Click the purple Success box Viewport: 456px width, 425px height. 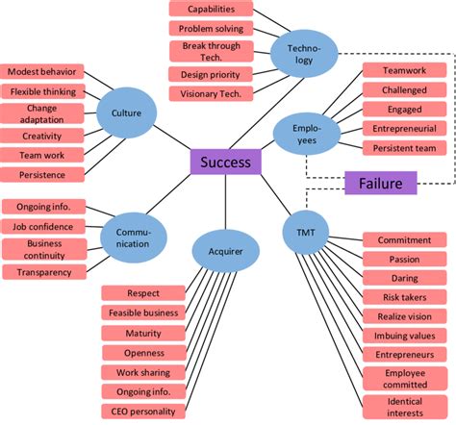(226, 162)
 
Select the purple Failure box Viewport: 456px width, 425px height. (380, 183)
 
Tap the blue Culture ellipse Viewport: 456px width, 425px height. (127, 113)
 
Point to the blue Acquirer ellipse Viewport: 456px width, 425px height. (225, 251)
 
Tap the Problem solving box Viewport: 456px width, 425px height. (212, 28)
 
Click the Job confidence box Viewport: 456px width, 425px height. (43, 227)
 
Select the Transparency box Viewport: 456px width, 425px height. (43, 272)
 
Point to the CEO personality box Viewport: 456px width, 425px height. (143, 411)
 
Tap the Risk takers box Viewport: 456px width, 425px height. (403, 297)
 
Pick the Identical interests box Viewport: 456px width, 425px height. (404, 406)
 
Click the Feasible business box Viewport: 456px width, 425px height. (143, 312)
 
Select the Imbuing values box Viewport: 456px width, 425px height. (403, 336)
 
